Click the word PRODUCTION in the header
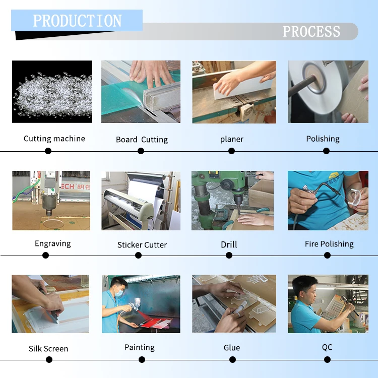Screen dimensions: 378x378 coord(77,21)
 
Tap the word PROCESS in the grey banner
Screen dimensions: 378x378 coord(311,32)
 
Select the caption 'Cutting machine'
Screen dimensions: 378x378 coord(54,139)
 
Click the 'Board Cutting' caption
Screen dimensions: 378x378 coord(142,140)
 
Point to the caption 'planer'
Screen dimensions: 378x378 coord(232,139)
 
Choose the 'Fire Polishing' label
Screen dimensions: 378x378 coord(329,244)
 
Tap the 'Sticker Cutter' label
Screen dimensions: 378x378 coord(142,245)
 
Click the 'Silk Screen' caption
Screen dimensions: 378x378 coord(48,349)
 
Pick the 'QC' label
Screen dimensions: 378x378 coord(327,347)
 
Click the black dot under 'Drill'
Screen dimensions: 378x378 coord(229,255)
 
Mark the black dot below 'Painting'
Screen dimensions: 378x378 coord(142,359)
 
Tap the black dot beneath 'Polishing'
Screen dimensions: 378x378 coord(326,151)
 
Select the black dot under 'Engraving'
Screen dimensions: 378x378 coord(46,255)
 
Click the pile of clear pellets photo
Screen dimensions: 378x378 coord(52,91)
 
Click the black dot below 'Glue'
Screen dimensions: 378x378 coord(232,359)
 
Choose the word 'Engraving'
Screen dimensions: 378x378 coord(53,244)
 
